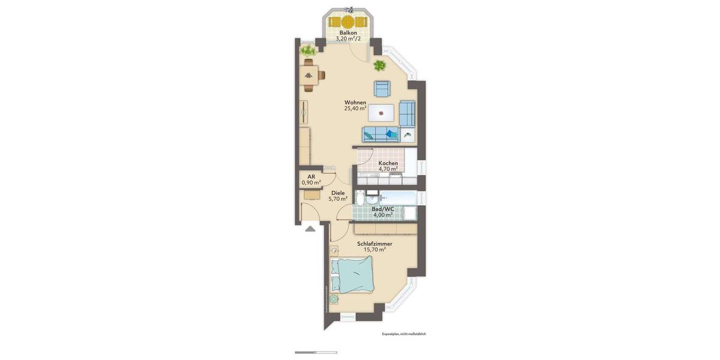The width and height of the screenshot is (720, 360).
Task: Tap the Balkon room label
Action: click(x=348, y=33)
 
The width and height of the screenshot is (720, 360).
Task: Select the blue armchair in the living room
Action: click(x=382, y=89)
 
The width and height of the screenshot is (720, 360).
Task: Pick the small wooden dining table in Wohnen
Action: click(x=309, y=75)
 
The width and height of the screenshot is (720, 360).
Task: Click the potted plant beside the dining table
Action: click(x=308, y=50)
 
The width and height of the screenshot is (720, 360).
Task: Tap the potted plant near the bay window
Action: click(x=379, y=65)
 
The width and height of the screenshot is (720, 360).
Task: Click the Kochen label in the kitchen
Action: click(x=388, y=163)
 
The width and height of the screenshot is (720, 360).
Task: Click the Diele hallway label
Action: click(x=338, y=193)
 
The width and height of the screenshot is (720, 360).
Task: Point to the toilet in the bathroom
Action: click(x=361, y=200)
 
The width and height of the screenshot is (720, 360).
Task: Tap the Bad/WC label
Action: click(x=383, y=209)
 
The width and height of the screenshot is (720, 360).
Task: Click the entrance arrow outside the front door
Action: click(x=310, y=228)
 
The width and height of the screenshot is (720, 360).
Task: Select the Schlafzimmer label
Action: click(x=374, y=244)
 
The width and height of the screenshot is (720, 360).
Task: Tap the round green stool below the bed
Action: click(x=334, y=299)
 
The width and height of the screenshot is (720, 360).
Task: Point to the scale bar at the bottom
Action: click(x=316, y=352)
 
